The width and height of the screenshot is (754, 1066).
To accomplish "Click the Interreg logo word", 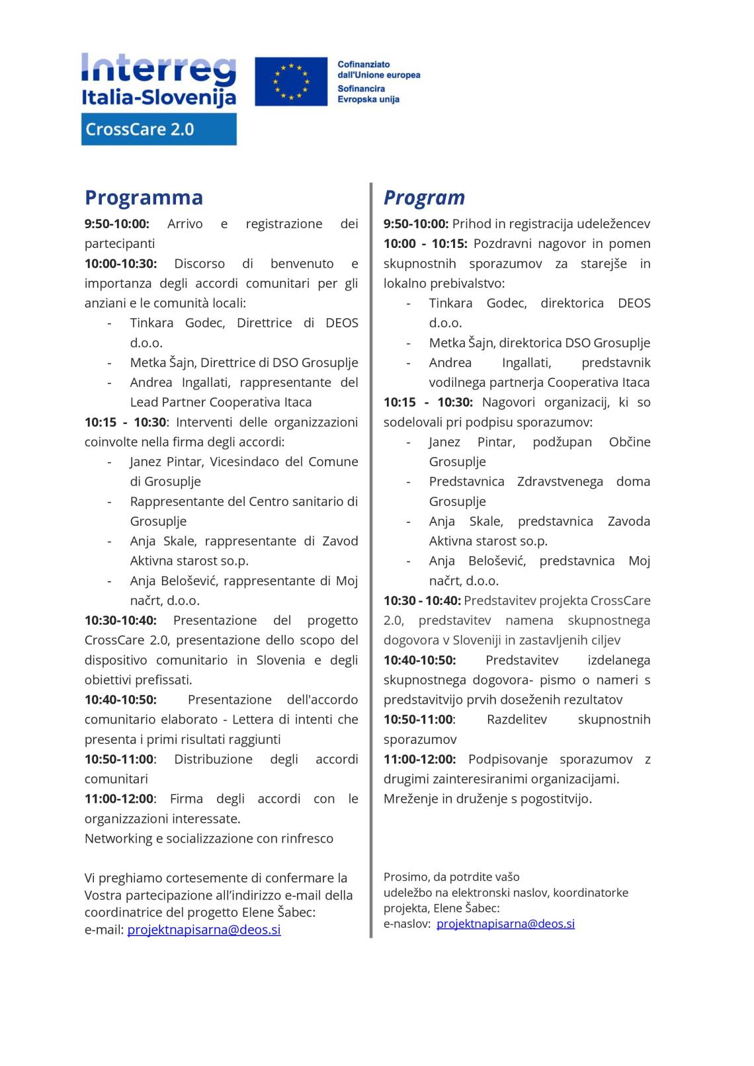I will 159,69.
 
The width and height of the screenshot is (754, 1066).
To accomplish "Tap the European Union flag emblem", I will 291,81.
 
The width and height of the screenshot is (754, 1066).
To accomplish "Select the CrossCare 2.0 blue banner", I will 159,129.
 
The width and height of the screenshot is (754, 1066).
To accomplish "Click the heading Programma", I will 144,198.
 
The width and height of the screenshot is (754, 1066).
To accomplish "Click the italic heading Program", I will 424,198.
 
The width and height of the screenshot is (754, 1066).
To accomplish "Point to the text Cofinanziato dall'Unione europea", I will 378,69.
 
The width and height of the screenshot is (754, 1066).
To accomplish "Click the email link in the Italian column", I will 204,930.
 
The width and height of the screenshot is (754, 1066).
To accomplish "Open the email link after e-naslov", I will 505,924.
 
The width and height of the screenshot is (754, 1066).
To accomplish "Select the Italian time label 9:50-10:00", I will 117,224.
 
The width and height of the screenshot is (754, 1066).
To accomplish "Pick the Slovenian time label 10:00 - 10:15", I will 425,244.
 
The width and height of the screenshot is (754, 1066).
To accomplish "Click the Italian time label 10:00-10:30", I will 121,264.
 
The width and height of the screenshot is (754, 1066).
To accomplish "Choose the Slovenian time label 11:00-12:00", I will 419,759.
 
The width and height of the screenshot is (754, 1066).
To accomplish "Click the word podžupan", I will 562,442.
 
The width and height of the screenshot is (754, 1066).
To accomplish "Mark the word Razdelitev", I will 517,719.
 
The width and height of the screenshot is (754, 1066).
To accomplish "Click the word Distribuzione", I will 213,759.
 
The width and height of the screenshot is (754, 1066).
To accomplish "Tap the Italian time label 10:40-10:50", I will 120,700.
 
